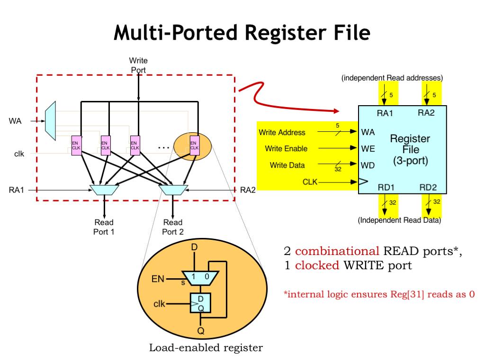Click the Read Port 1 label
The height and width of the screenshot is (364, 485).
pyautogui.click(x=104, y=227)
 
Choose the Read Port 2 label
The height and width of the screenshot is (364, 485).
pyautogui.click(x=172, y=227)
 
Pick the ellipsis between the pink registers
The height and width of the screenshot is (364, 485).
pyautogui.click(x=163, y=148)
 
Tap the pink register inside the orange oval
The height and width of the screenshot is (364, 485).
pyautogui.click(x=194, y=145)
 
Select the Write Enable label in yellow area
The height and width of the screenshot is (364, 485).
pyautogui.click(x=286, y=149)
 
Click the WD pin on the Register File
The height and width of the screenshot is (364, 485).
pyautogui.click(x=368, y=166)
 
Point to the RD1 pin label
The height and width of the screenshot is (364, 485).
pyautogui.click(x=386, y=188)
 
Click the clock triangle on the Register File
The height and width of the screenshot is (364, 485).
pyautogui.click(x=362, y=182)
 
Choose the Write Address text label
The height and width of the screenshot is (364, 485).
pyautogui.click(x=282, y=133)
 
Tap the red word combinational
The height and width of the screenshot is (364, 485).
pyautogui.click(x=326, y=252)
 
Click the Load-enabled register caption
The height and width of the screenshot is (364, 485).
pyautogui.click(x=206, y=348)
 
